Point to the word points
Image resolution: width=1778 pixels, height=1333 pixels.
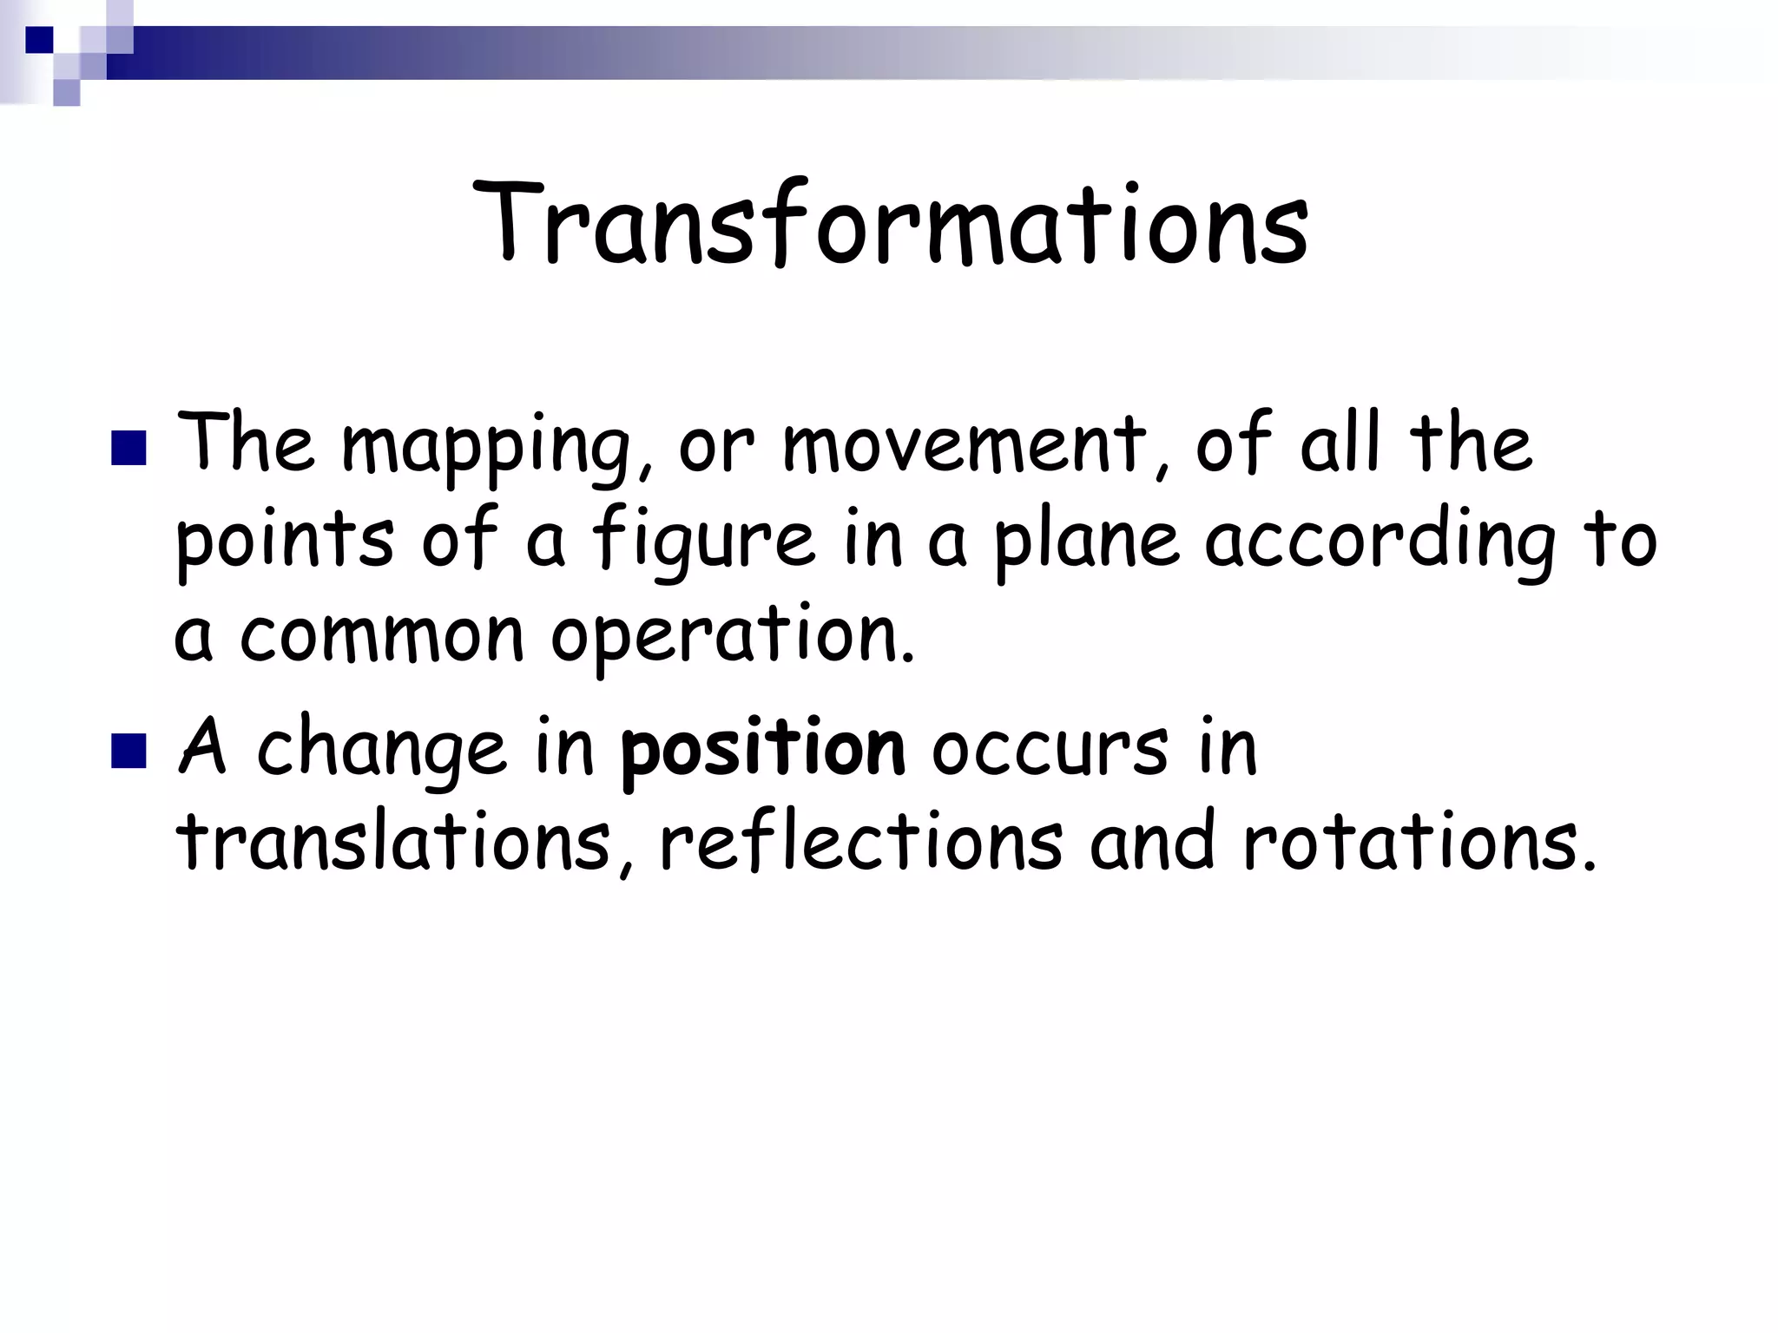point(285,542)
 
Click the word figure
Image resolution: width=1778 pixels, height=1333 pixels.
point(704,542)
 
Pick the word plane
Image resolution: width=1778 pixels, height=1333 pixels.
point(1085,542)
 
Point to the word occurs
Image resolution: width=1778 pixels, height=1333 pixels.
point(1050,748)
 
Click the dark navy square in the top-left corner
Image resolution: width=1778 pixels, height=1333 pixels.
point(39,39)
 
